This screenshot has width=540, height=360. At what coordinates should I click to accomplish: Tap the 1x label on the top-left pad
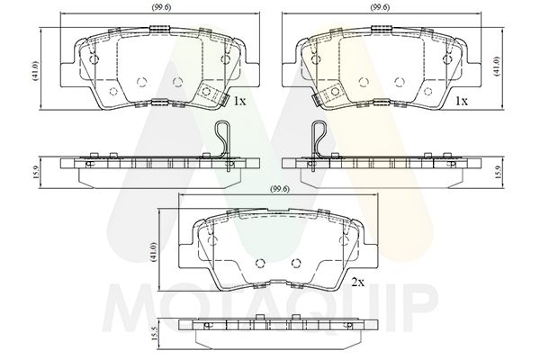coord(239,102)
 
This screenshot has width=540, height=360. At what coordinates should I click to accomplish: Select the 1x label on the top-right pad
coord(462,102)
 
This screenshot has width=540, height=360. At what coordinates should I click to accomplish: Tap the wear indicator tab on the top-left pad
coord(211,94)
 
